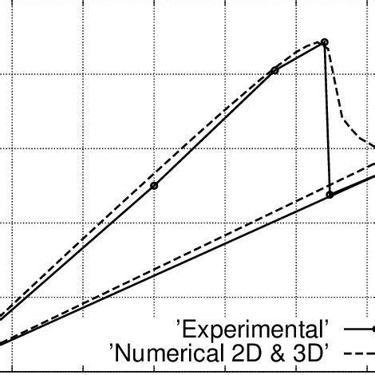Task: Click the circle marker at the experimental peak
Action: [324, 42]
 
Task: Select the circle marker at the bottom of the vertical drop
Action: [330, 194]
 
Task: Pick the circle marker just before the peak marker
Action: [275, 70]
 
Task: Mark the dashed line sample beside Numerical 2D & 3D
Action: [359, 351]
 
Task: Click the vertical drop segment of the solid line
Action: [327, 120]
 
